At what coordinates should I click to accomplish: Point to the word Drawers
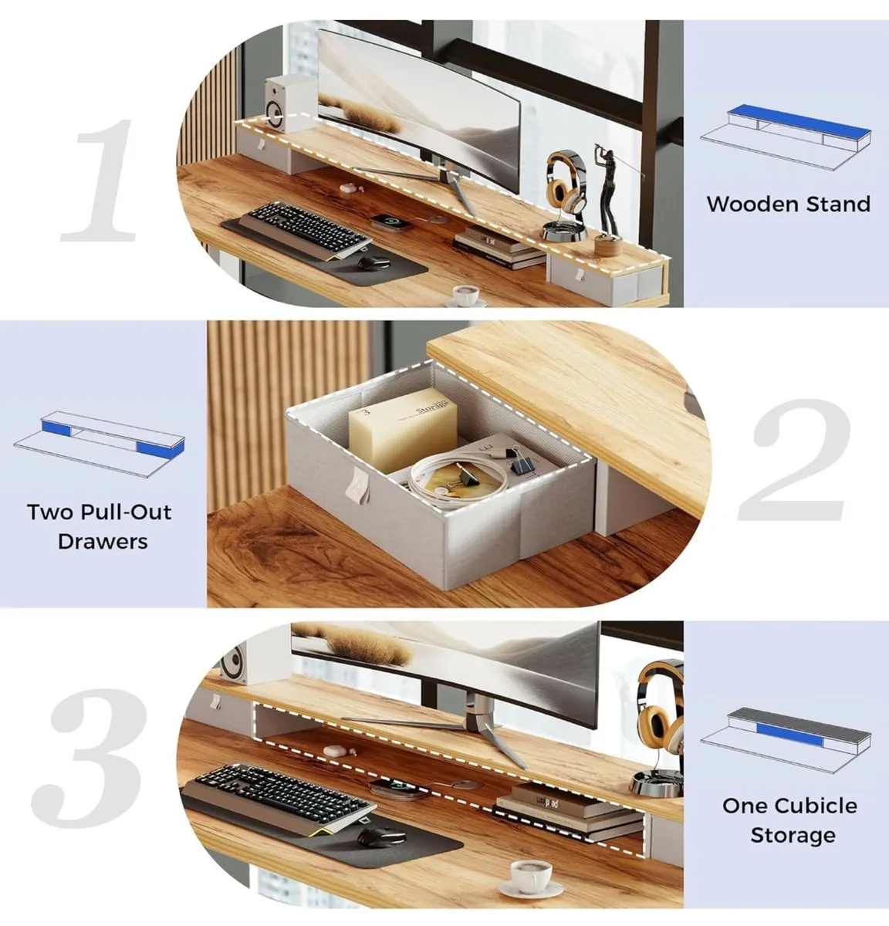pyautogui.click(x=102, y=541)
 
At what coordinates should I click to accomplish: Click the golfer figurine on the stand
pyautogui.click(x=610, y=193)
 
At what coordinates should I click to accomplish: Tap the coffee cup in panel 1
pyautogui.click(x=466, y=295)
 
